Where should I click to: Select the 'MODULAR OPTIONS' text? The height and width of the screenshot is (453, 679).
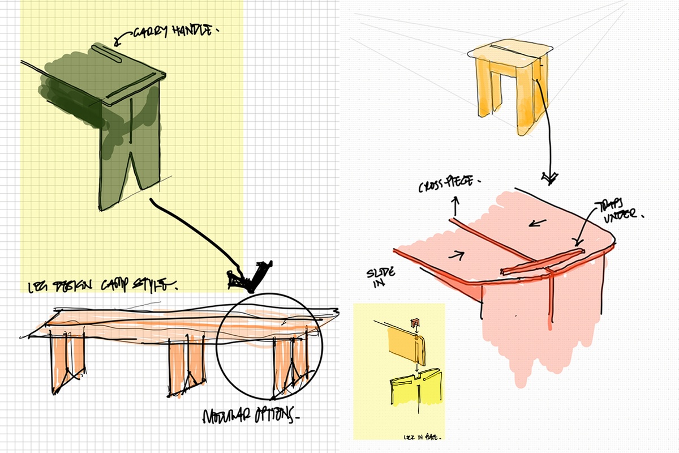tap(250, 416)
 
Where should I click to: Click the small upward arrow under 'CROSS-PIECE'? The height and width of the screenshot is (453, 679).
tap(454, 203)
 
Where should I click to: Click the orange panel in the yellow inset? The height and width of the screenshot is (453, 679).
tap(402, 347)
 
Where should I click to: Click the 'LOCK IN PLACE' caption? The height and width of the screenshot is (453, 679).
tap(428, 438)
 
